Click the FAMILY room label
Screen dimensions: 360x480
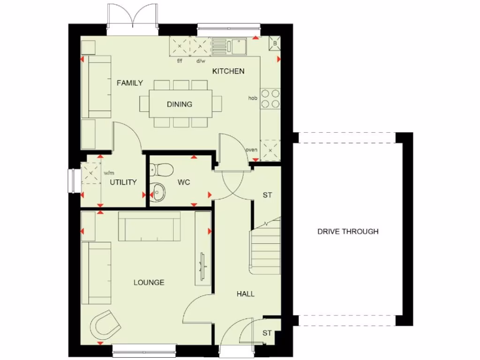pyautogui.click(x=130, y=83)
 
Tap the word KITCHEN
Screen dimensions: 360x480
pyautogui.click(x=228, y=71)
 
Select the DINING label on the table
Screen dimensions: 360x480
pyautogui.click(x=179, y=104)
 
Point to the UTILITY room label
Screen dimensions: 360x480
pyautogui.click(x=123, y=182)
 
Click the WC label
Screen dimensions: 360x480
pyautogui.click(x=184, y=182)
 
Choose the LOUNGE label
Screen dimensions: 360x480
pyautogui.click(x=149, y=282)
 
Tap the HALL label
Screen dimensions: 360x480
pyautogui.click(x=245, y=294)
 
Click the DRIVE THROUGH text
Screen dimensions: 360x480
pyautogui.click(x=348, y=231)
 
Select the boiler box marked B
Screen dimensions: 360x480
pyautogui.click(x=275, y=44)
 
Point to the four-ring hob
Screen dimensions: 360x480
pyautogui.click(x=270, y=98)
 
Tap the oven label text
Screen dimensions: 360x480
pyautogui.click(x=252, y=150)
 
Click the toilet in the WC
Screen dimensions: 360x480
pyautogui.click(x=160, y=168)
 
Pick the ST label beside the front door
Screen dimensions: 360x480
pyautogui.click(x=267, y=333)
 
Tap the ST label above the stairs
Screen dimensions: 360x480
pyautogui.click(x=267, y=195)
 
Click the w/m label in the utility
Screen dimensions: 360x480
pyautogui.click(x=109, y=172)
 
